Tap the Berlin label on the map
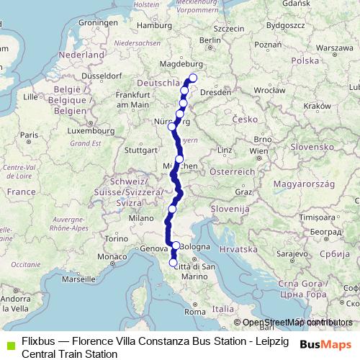click(210, 40)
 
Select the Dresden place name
click(217, 92)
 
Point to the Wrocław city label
click(270, 92)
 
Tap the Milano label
click(142, 217)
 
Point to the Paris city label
click(29, 135)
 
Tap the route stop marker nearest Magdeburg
click(193, 78)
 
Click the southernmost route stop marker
click(173, 263)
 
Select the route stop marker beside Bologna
click(175, 246)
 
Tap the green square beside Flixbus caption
click(8, 342)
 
